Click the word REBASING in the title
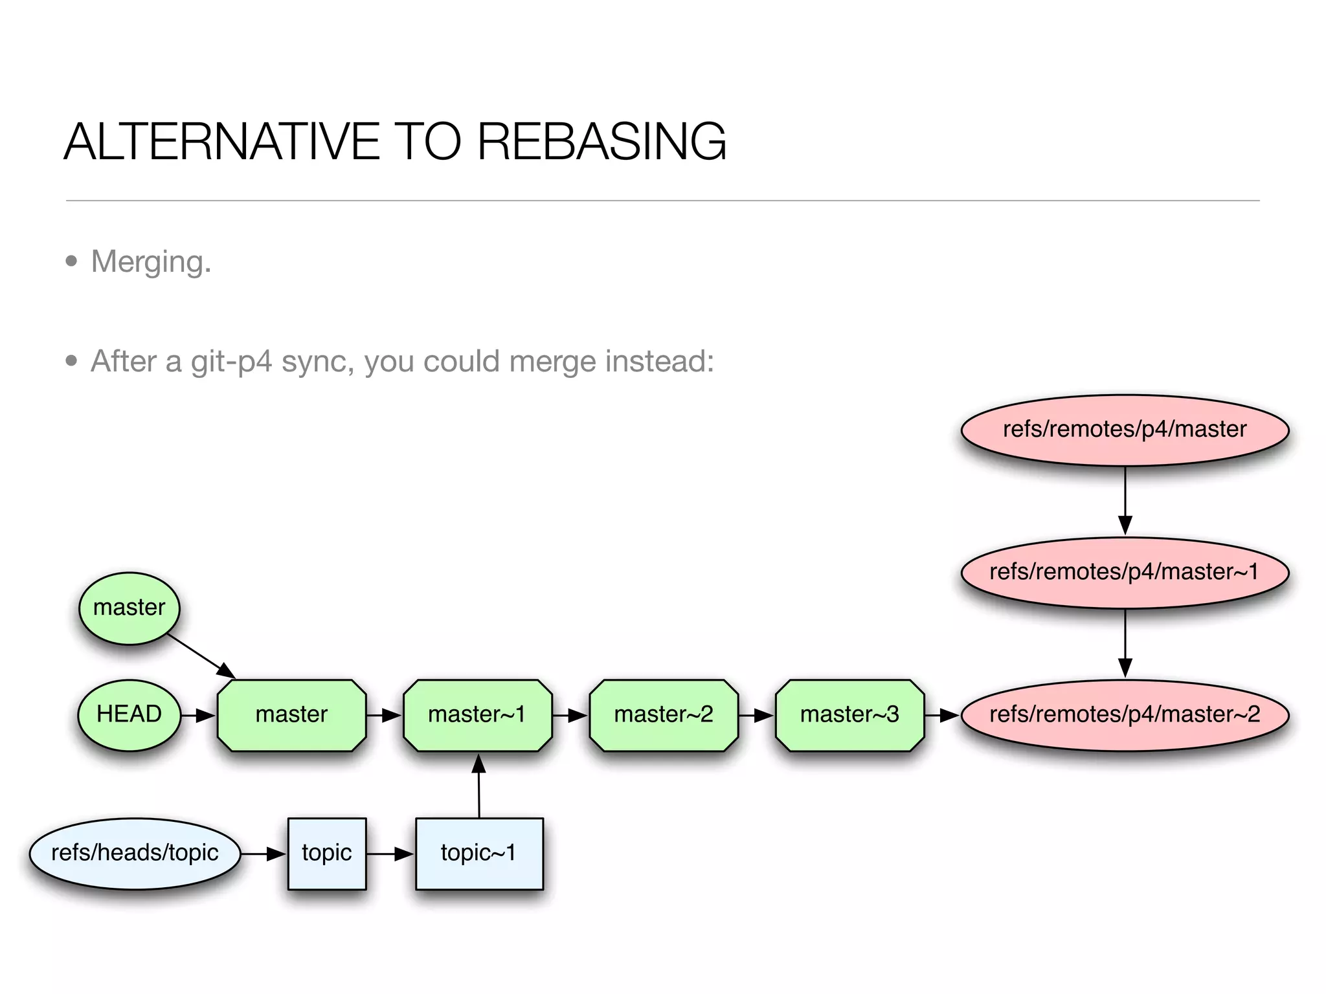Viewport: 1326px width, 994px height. [601, 142]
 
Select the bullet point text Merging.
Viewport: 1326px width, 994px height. [151, 262]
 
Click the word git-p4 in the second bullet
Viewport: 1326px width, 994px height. [230, 361]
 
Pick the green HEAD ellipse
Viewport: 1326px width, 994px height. [129, 714]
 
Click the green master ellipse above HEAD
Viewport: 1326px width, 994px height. [129, 608]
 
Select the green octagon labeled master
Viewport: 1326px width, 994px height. [291, 714]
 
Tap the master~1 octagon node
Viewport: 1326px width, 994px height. [477, 714]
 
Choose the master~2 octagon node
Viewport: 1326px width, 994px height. [663, 714]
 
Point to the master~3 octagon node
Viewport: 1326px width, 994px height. [849, 714]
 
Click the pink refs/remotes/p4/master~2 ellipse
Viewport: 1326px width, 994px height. [1125, 714]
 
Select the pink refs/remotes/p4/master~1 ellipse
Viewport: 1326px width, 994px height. [1125, 572]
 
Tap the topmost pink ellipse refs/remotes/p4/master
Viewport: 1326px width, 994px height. [1125, 430]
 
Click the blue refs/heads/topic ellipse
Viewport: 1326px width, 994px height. [135, 853]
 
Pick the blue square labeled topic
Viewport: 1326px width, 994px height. [327, 853]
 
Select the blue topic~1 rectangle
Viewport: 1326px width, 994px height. [478, 853]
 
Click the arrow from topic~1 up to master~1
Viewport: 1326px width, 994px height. [478, 786]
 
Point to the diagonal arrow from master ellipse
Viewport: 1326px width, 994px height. [201, 656]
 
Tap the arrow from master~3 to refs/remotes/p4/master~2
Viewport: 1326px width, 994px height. [942, 715]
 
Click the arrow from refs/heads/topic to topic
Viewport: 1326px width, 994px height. [264, 854]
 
